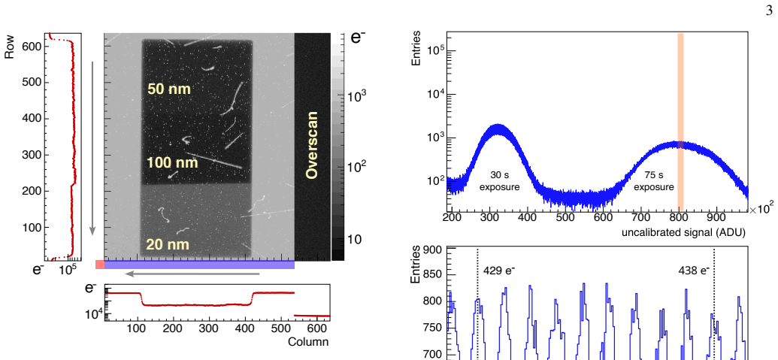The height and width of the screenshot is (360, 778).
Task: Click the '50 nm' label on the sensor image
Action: [x=169, y=89]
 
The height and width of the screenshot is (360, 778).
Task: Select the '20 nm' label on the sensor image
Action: [x=167, y=244]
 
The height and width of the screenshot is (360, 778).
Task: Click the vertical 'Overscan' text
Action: [x=312, y=145]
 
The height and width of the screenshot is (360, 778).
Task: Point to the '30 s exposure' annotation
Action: [x=499, y=181]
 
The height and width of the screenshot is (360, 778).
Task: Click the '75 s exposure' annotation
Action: [x=654, y=181]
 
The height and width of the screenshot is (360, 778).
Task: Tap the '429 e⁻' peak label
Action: [x=498, y=271]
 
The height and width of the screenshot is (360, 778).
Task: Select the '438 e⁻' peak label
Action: [x=694, y=271]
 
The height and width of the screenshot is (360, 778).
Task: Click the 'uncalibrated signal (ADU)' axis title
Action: [x=684, y=231]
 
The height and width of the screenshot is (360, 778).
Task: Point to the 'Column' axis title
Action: [x=308, y=342]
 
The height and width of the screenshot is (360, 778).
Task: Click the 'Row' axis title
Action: [x=9, y=47]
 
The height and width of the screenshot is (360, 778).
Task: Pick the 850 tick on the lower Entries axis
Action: [x=433, y=275]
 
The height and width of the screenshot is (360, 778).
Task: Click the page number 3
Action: [x=770, y=11]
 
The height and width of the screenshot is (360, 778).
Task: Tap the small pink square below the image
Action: [x=100, y=265]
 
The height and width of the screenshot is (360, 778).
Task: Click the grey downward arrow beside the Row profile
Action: [x=92, y=148]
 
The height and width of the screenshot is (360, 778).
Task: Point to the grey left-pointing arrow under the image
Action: [x=192, y=274]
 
